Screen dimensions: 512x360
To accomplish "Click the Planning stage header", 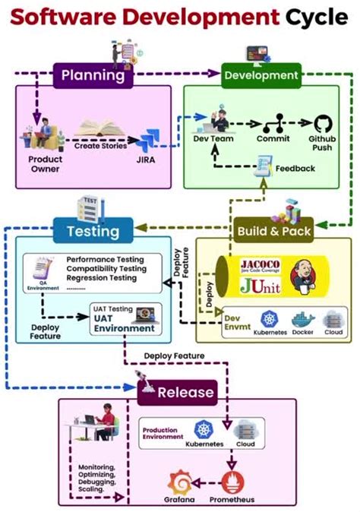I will [x=92, y=75].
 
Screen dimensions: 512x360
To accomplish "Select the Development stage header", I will [x=261, y=75].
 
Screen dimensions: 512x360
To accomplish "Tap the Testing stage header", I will [x=93, y=230].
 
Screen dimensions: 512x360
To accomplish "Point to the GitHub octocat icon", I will [x=324, y=124].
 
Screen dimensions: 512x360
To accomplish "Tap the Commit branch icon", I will [x=272, y=124].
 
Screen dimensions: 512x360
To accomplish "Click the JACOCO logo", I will [x=261, y=265].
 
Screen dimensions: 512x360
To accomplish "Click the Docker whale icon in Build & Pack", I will [x=302, y=320].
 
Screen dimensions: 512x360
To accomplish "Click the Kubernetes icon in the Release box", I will [x=204, y=429].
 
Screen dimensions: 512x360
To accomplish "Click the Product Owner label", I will [x=45, y=164].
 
